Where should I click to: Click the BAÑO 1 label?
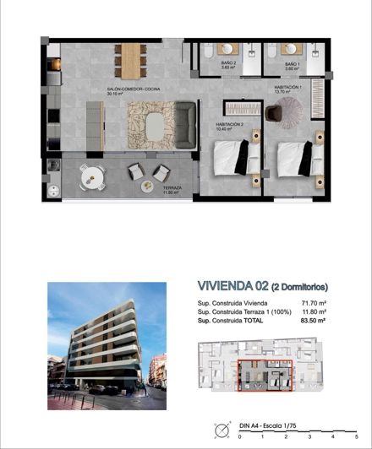click(x=292, y=65)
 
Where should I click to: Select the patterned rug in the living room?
click(x=153, y=124)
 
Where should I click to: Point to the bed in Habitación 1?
click(x=295, y=157)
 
